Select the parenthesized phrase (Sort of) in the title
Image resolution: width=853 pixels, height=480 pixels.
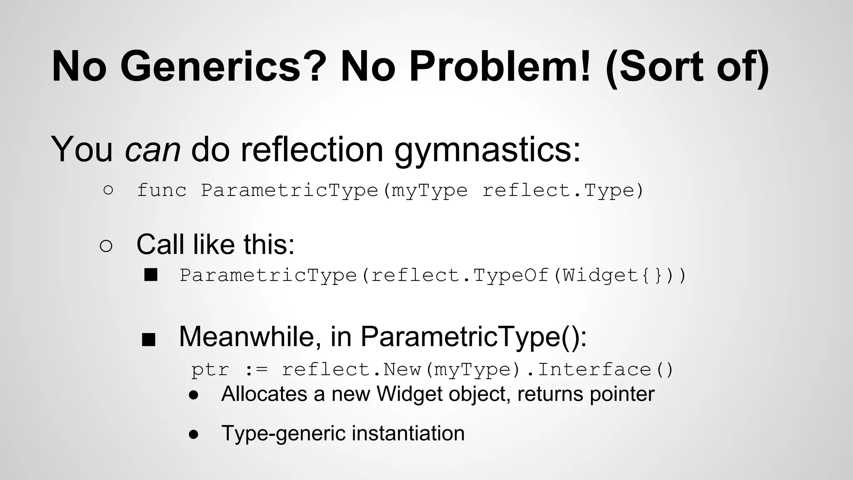pos(687,67)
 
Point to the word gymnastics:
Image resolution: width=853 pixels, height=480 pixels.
pos(487,150)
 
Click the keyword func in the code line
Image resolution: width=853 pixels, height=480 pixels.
pos(162,190)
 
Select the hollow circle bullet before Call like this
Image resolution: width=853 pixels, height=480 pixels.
pos(106,246)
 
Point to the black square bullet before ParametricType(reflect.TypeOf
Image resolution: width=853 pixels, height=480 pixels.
pos(151,275)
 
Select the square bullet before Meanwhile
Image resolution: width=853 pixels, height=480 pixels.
pos(149,340)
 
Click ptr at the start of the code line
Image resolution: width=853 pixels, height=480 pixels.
pos(210,370)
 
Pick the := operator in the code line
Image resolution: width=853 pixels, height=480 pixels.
pos(255,370)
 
